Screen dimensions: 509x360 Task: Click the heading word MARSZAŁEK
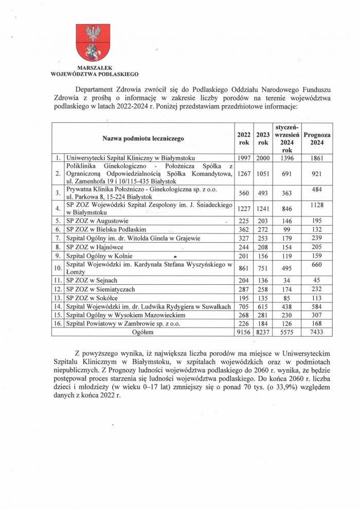pyautogui.click(x=93, y=67)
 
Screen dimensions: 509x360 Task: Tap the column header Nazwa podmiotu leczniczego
pyautogui.click(x=143, y=138)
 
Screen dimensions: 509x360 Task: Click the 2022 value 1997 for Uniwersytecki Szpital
pyautogui.click(x=244, y=158)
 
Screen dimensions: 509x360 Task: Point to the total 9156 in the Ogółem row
pyautogui.click(x=244, y=333)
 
